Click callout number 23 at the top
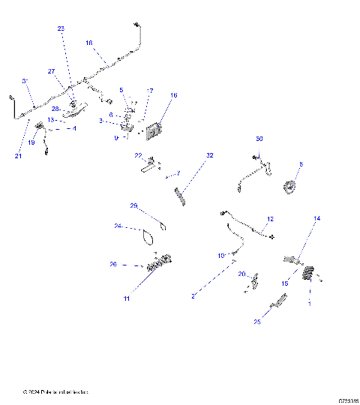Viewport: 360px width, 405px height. click(61, 28)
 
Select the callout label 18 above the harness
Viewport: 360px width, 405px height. click(89, 43)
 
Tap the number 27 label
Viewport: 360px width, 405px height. click(52, 71)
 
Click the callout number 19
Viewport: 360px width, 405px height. click(31, 142)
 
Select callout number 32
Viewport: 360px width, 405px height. click(210, 155)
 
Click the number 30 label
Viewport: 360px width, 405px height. click(259, 139)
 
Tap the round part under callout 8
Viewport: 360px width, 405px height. click(289, 188)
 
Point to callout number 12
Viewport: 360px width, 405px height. click(271, 219)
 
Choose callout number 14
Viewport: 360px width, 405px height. click(316, 218)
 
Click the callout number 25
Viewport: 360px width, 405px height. click(258, 322)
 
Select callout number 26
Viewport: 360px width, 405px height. click(113, 264)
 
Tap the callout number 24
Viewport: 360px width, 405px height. click(118, 226)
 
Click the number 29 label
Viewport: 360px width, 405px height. click(134, 205)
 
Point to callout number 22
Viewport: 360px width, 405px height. click(139, 156)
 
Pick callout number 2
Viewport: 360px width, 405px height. click(193, 297)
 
